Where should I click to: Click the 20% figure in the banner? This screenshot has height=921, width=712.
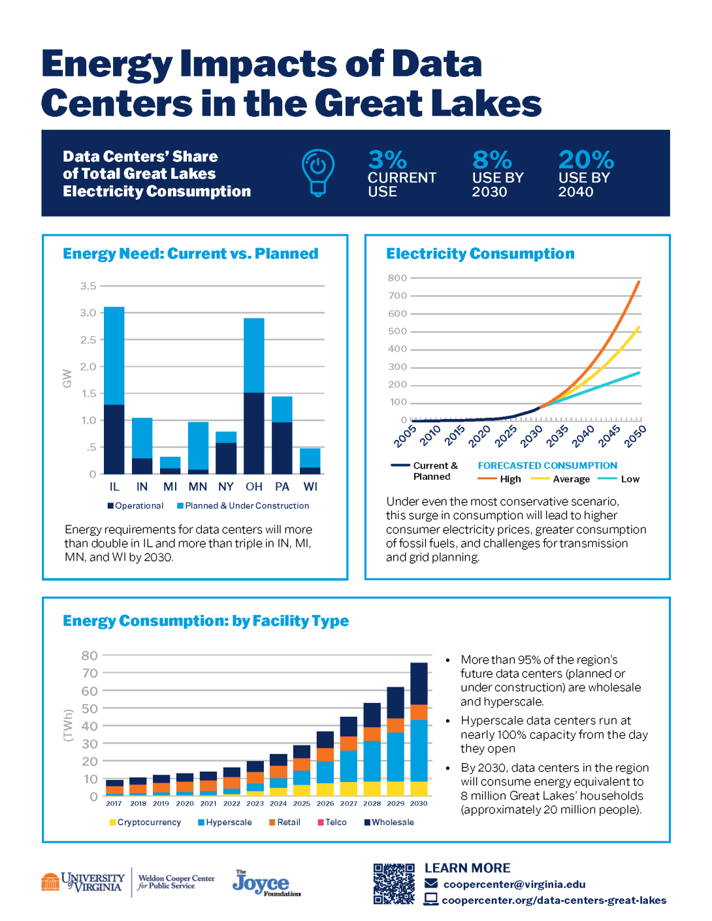585,160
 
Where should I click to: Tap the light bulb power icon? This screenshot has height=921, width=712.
318,172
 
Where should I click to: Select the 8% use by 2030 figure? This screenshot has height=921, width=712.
492,160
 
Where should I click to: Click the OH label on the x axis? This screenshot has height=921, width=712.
253,487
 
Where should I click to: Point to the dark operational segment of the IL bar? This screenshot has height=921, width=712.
114,439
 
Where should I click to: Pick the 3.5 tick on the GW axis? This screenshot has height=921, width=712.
88,286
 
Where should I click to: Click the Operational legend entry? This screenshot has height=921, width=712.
135,506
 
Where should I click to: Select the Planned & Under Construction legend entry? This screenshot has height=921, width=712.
243,506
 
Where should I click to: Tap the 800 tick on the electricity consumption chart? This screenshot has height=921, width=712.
397,278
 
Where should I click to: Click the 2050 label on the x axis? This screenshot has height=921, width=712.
634,436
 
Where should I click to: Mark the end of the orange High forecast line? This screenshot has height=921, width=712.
638,281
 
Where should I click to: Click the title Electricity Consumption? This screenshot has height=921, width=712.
480,254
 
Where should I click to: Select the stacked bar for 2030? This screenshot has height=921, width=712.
419,729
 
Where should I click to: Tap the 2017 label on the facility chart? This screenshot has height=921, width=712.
114,804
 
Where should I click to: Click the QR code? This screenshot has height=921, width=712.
394,884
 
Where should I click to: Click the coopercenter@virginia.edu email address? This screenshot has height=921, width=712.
514,884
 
